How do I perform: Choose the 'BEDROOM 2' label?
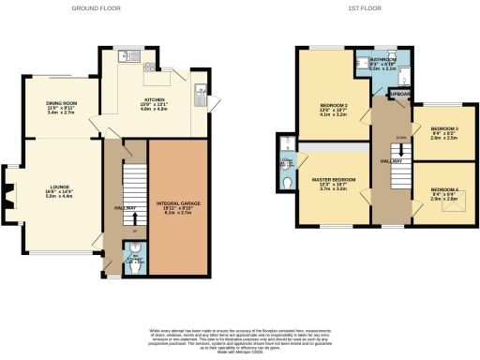pyautogui.click(x=333, y=105)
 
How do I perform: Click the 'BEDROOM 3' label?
pyautogui.click(x=443, y=128)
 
